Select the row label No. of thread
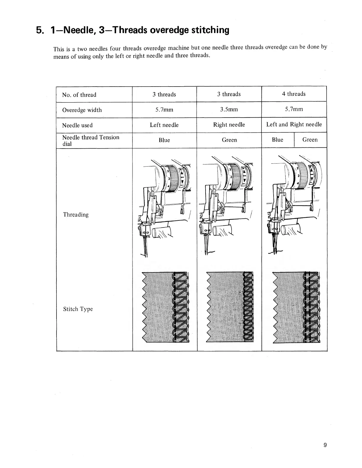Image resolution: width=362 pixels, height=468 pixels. pyautogui.click(x=79, y=95)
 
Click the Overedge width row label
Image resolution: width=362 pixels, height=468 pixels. pyautogui.click(x=82, y=110)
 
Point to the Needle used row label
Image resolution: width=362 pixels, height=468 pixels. pyautogui.click(x=77, y=125)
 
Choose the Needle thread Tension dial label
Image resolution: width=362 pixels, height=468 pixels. pyautogui.click(x=90, y=140)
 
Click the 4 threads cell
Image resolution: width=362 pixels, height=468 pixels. pyautogui.click(x=294, y=94)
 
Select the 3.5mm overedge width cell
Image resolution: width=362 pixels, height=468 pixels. pyautogui.click(x=229, y=110)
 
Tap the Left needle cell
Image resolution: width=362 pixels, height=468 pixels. pyautogui.click(x=164, y=125)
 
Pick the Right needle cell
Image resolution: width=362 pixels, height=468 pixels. pyautogui.click(x=229, y=125)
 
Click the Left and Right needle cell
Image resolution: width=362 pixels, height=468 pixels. pyautogui.click(x=294, y=124)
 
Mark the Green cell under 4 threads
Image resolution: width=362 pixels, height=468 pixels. pyautogui.click(x=310, y=140)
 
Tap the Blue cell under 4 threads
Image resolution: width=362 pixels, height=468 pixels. pyautogui.click(x=277, y=140)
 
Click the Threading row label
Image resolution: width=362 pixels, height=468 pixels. pyautogui.click(x=76, y=215)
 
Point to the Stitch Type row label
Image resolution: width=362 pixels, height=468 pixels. pyautogui.click(x=78, y=309)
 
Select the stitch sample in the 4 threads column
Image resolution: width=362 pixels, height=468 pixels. pyautogui.click(x=296, y=307)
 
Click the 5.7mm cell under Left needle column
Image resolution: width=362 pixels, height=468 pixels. pyautogui.click(x=164, y=110)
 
